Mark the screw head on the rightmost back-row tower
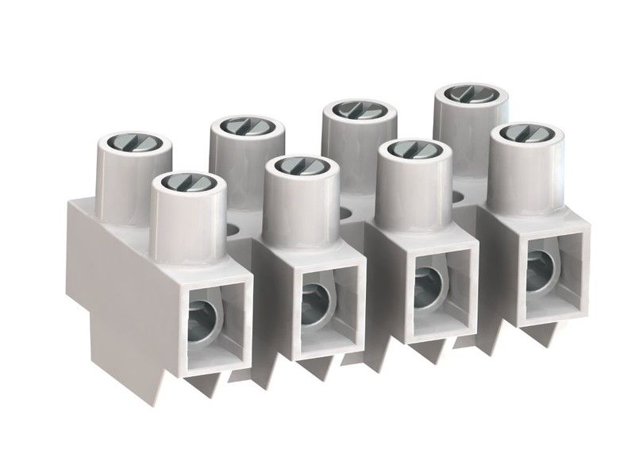click(460, 93)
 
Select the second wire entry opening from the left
click(319, 298)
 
